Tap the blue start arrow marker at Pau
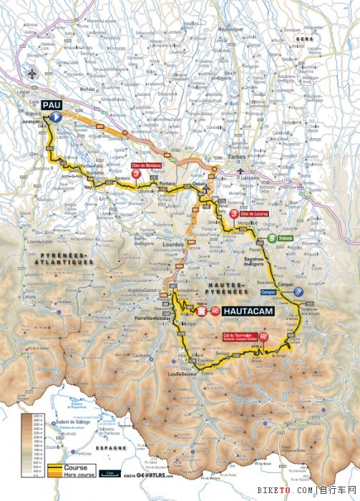tap(56, 115)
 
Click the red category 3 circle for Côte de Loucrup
tap(235, 214)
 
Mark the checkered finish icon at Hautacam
tap(202, 312)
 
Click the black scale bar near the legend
tap(108, 472)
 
